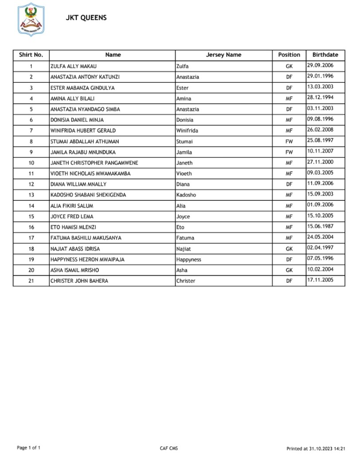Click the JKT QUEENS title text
coord(86,18)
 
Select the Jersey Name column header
coord(223,55)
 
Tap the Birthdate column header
coord(325,55)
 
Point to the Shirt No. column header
coord(31,55)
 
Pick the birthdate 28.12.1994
coord(320,98)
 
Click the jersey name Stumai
coord(184,141)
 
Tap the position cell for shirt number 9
coord(289,152)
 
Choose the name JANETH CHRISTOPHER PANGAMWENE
coord(94,163)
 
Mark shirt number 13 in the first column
coord(31,195)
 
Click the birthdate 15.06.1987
coord(320,227)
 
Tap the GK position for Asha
coord(289,270)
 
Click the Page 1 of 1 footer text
coord(28,448)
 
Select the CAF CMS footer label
coord(169,448)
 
